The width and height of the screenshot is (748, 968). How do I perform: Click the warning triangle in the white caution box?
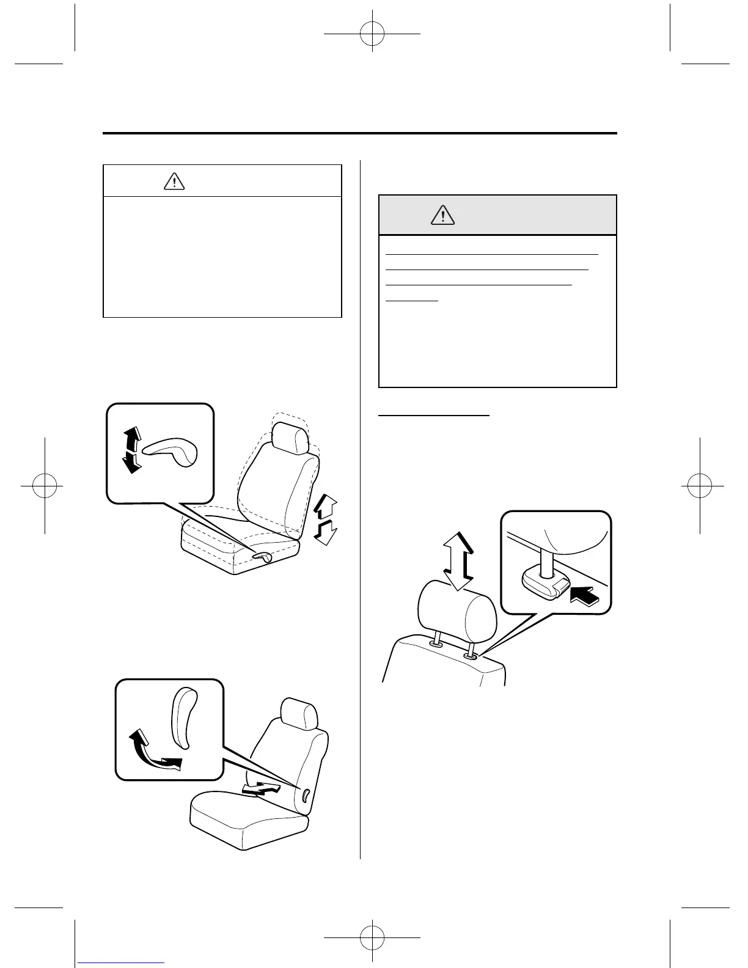(x=175, y=181)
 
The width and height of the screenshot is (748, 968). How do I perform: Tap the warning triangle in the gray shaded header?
(x=442, y=215)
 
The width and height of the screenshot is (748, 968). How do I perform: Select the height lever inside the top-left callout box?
(x=170, y=454)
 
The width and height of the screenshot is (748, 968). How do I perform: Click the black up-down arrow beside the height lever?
(x=131, y=450)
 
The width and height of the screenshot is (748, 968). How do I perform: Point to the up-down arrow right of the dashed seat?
(x=324, y=519)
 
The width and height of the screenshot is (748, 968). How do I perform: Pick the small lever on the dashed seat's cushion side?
(x=263, y=555)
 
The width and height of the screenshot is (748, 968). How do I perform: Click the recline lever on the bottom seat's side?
(x=305, y=794)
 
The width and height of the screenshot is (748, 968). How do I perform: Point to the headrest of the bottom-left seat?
(x=298, y=713)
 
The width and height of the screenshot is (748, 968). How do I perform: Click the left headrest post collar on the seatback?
(x=436, y=643)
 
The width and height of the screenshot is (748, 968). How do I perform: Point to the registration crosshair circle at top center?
(x=372, y=35)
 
